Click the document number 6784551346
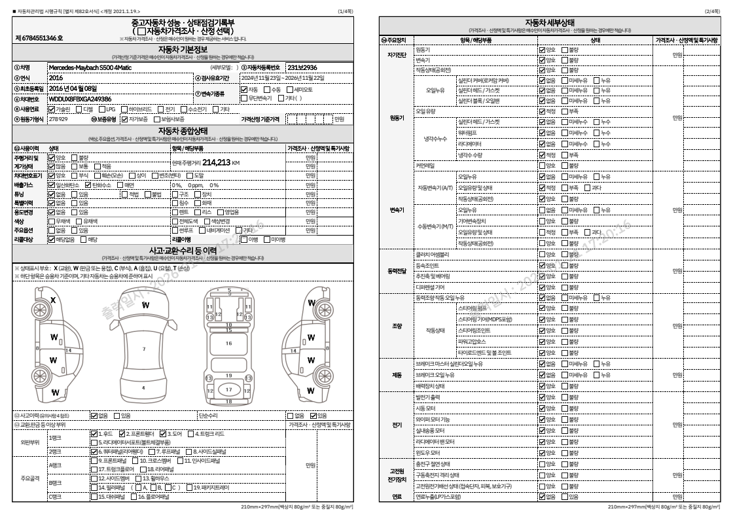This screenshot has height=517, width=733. (40, 39)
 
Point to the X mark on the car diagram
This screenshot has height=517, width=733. (53, 300)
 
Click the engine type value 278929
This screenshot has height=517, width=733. (58, 119)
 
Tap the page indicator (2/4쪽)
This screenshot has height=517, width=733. (711, 12)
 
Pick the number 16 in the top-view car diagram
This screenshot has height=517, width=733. (228, 343)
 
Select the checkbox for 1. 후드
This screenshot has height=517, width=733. (94, 433)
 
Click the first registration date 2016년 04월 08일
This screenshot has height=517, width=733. (73, 88)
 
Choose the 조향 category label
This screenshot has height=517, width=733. (397, 325)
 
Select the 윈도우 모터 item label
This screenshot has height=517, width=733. (428, 452)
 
